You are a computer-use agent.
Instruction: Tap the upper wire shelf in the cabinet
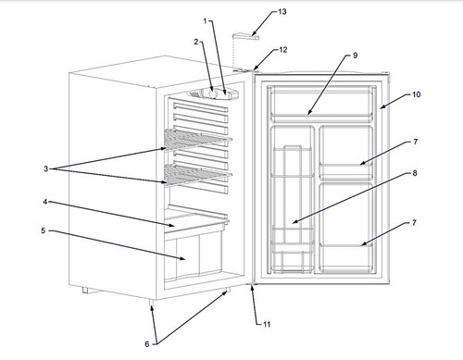tap(196, 140)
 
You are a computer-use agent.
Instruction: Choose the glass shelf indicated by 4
tap(196, 223)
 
